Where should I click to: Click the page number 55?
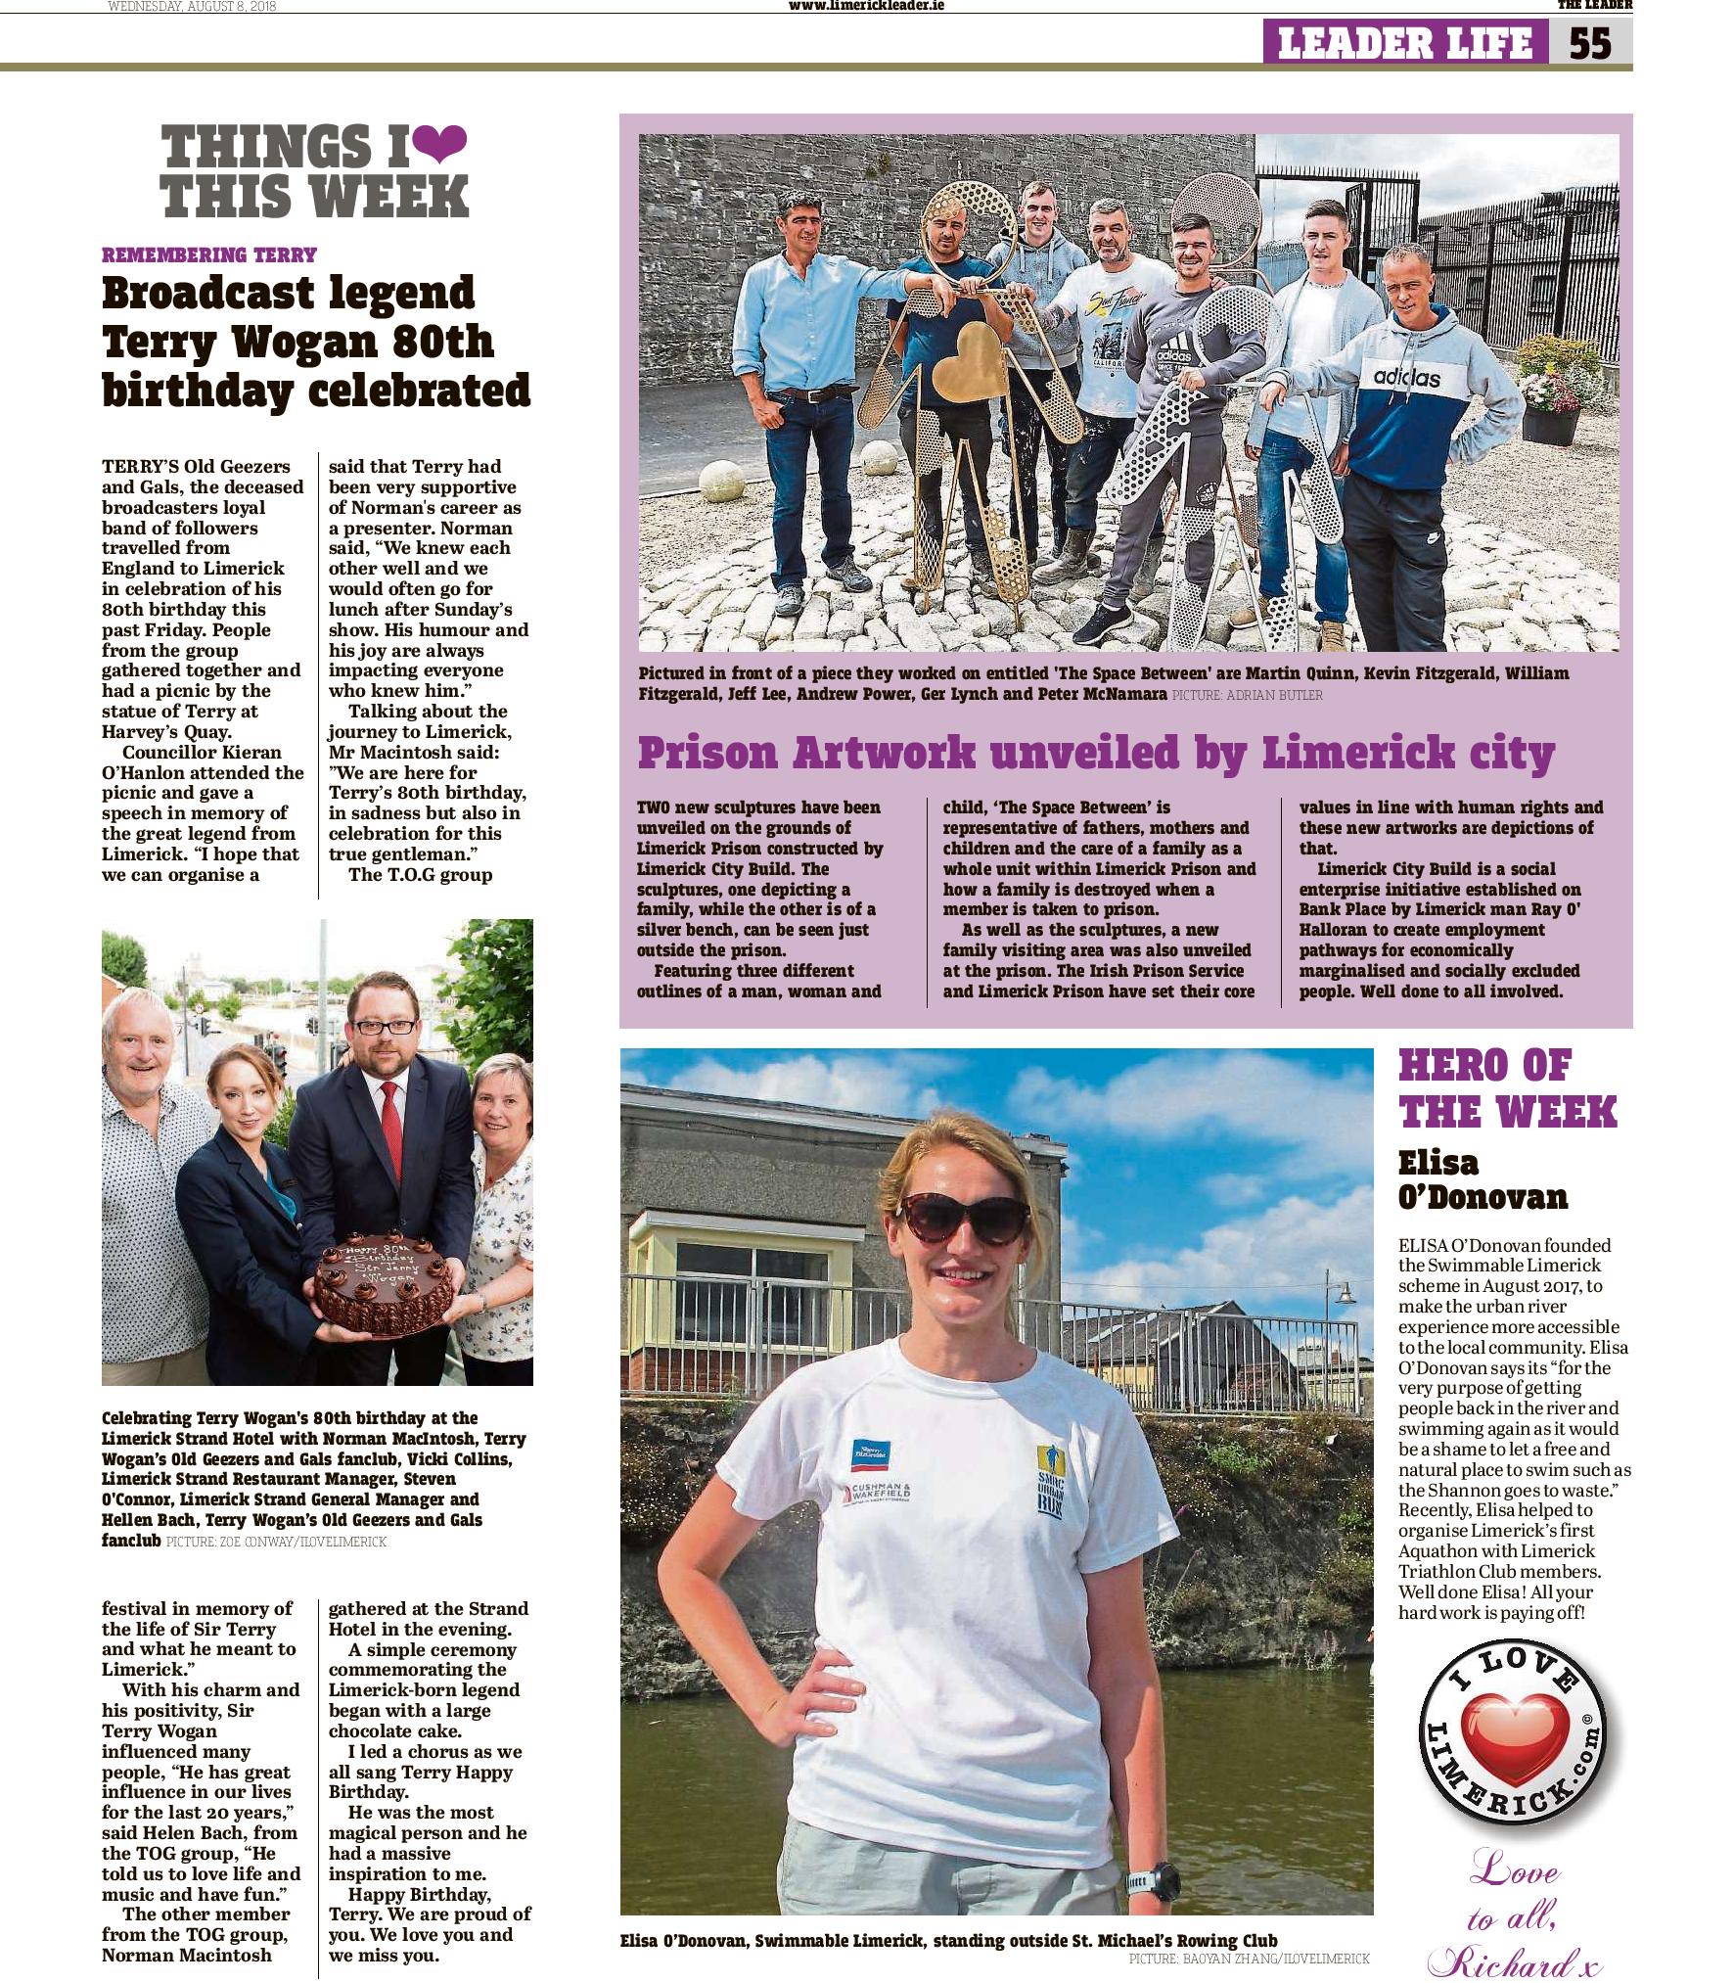1590,43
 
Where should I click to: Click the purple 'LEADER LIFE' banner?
1404,43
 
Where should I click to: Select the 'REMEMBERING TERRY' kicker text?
209,255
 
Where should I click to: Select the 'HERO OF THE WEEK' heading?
1507,1088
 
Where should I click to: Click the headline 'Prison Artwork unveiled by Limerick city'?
1096,752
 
